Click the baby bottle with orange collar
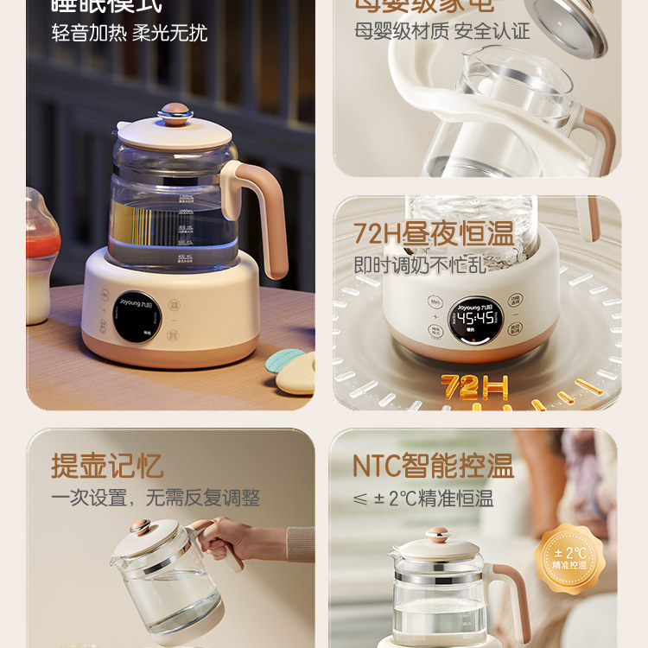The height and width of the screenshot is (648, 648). click(41, 259)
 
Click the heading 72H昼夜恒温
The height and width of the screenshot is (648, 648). click(433, 233)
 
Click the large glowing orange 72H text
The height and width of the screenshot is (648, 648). click(475, 387)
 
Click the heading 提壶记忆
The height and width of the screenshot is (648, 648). click(107, 466)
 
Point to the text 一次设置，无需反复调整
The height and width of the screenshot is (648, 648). click(155, 498)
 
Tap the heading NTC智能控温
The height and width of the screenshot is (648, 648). click(433, 466)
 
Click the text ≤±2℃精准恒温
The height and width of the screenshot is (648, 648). click(423, 499)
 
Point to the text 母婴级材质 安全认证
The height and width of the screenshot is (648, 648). click(442, 31)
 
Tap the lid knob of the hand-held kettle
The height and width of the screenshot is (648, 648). click(141, 526)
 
